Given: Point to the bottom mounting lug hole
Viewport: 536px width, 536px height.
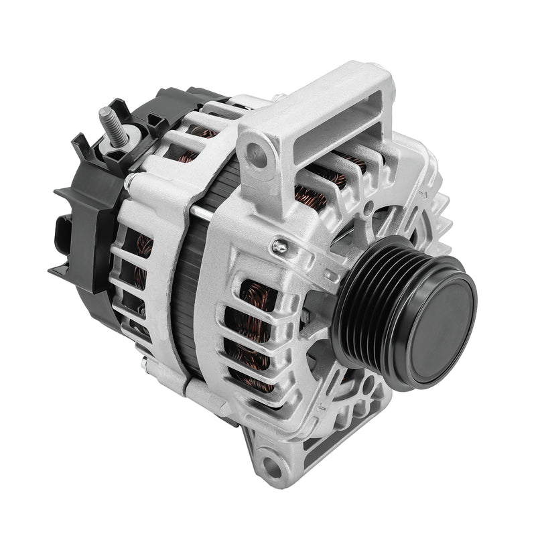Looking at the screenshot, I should tap(271, 464).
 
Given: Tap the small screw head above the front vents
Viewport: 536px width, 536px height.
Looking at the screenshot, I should tap(279, 248).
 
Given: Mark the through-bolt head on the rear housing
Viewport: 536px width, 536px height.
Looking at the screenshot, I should tap(129, 180).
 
